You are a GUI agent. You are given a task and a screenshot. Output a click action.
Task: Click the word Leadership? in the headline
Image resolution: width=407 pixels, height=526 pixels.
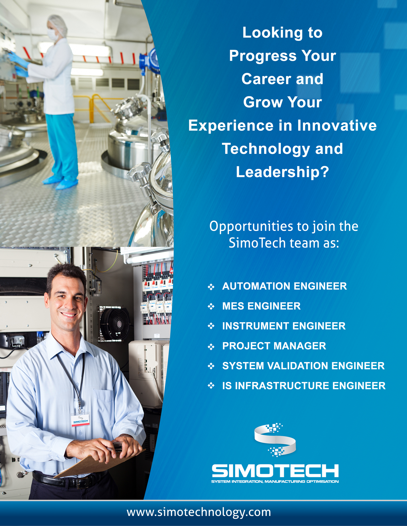282,172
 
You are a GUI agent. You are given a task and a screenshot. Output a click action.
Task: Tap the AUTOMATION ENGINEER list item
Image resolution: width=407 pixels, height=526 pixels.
284,286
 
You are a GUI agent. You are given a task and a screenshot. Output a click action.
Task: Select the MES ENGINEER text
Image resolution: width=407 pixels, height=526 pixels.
261,306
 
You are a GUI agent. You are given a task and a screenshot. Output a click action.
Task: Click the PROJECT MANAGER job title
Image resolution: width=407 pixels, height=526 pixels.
274,346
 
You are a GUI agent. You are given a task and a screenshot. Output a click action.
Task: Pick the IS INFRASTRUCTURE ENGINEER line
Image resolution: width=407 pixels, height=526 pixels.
304,386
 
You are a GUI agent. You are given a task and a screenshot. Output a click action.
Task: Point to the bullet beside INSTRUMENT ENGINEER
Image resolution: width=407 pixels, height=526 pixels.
211,326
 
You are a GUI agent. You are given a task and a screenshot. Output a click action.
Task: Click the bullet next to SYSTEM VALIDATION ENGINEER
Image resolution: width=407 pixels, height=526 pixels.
211,366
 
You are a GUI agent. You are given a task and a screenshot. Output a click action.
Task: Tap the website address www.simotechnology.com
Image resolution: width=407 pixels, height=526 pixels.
199,512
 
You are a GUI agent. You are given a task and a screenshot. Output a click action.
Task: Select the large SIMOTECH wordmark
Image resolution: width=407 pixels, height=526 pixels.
275,470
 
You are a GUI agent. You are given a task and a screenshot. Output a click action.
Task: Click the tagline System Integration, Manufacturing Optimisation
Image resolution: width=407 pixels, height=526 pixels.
275,482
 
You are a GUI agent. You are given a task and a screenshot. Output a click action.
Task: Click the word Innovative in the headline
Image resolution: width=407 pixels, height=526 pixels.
337,125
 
